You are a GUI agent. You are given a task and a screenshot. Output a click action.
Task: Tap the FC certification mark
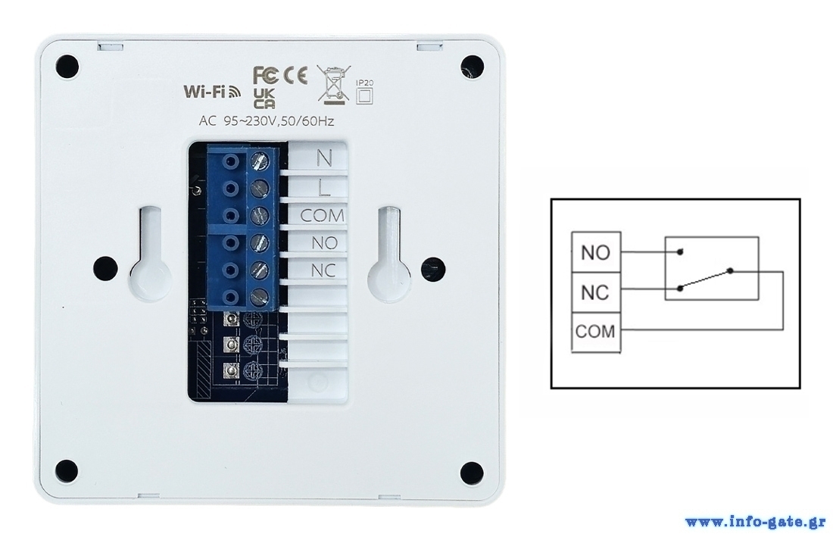(266, 75)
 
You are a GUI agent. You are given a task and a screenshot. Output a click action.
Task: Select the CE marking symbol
(295, 75)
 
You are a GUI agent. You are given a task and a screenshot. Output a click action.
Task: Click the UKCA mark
(264, 98)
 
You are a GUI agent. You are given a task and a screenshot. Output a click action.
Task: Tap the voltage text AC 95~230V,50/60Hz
(265, 121)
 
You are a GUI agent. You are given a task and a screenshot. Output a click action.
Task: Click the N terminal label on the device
(323, 158)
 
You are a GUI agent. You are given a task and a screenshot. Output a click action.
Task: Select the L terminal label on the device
(323, 186)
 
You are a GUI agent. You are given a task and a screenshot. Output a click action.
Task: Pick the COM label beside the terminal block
(322, 216)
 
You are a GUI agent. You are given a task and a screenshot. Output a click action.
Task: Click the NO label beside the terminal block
(323, 243)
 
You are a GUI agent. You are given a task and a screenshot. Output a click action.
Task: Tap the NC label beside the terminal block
(323, 271)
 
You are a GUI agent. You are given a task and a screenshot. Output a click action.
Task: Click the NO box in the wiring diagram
(595, 252)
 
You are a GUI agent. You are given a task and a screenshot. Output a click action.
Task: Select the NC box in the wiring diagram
(595, 292)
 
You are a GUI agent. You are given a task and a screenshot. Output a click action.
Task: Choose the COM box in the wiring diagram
(595, 332)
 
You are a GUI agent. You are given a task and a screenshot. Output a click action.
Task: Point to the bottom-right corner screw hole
(471, 470)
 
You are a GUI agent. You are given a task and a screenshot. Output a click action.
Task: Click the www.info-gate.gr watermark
(755, 522)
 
